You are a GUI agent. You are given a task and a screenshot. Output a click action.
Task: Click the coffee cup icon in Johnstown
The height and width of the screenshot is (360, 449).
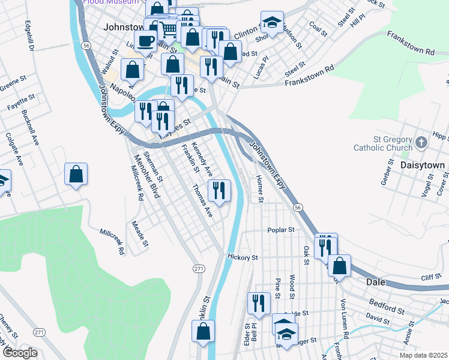(x=144, y=41)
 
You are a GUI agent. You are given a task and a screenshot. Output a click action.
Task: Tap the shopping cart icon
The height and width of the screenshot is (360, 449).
(x=170, y=28)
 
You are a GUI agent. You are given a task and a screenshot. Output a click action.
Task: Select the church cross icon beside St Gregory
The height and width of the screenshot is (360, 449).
(x=421, y=142)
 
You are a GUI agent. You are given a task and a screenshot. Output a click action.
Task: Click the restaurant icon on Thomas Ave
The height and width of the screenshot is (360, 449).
(x=219, y=191)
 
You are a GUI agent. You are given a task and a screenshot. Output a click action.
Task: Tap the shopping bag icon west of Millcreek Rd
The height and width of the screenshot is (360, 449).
(x=76, y=175)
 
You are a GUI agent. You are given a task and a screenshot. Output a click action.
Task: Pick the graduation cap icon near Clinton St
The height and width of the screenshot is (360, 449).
(x=272, y=22)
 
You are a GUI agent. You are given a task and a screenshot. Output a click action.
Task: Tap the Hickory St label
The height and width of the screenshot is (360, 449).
(x=243, y=257)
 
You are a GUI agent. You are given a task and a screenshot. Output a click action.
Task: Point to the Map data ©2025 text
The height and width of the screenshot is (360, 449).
(x=422, y=355)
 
